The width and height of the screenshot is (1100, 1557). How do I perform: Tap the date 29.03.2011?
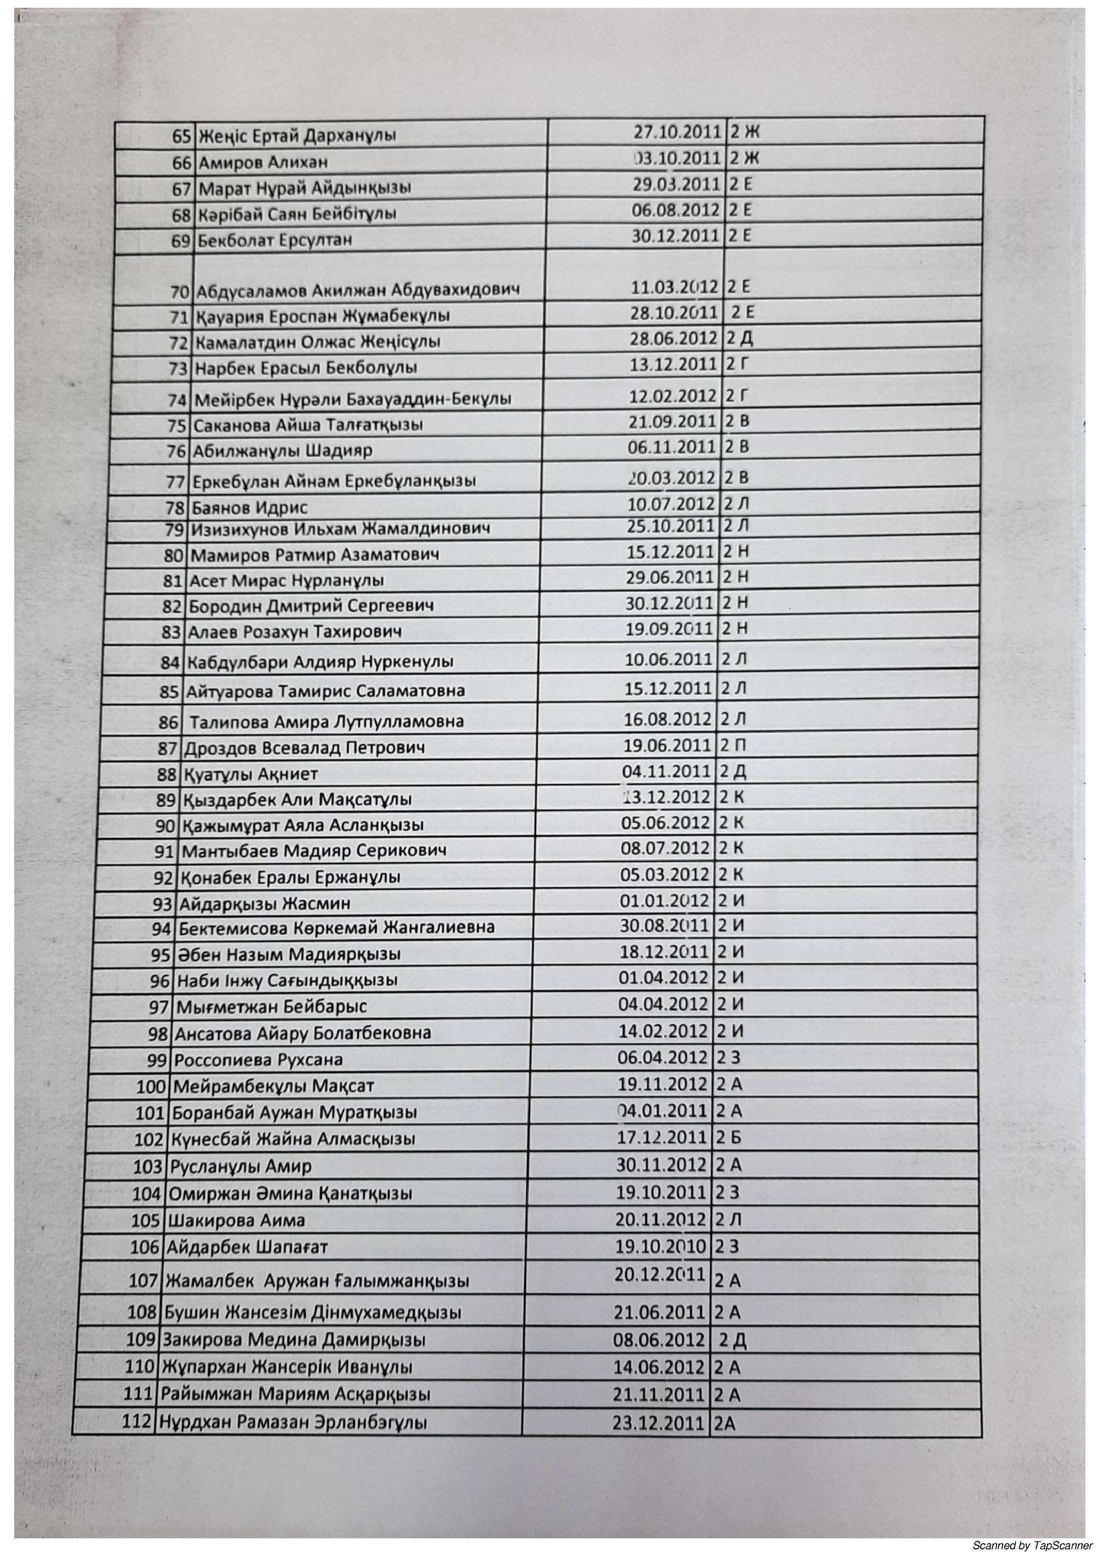[x=675, y=185]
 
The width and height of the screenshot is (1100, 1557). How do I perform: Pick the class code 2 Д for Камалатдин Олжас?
[x=739, y=339]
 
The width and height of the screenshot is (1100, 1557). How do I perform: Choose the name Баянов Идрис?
[x=250, y=507]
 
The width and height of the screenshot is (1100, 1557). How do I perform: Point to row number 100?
[x=151, y=1086]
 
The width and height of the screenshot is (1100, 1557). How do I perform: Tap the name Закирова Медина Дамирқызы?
[x=294, y=1340]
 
